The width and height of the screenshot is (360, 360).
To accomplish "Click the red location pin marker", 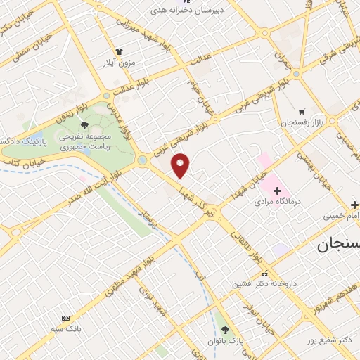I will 181,165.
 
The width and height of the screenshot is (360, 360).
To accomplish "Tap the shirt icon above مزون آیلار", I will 120,51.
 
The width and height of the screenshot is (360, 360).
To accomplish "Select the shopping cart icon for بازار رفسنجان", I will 302,111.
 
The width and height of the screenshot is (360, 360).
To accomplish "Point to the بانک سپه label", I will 67,328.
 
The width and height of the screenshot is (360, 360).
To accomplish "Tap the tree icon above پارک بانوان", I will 225,330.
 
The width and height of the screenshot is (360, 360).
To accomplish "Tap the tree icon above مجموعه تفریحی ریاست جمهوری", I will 84,125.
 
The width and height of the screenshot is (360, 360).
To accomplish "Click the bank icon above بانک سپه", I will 66,318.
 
